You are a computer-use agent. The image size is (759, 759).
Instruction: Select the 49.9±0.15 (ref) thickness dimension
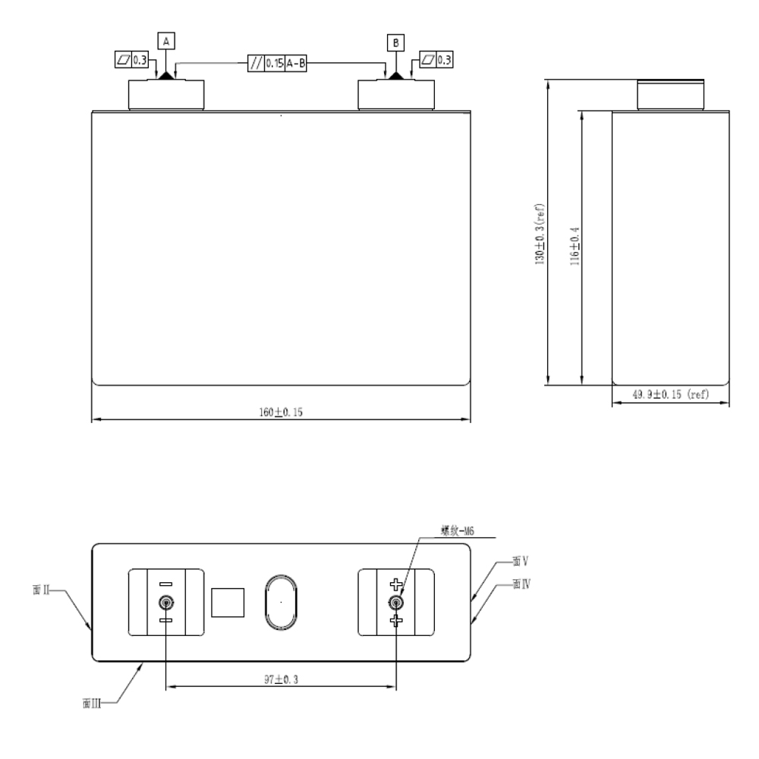coord(672,394)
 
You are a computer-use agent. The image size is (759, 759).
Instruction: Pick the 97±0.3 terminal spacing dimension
coord(280,680)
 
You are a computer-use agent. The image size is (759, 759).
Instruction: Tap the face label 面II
coord(43,590)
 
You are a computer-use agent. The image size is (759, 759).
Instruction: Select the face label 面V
coord(520,562)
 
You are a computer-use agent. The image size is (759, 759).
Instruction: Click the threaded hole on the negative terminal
coord(165,603)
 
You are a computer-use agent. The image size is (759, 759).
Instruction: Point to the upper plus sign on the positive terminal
coord(395,584)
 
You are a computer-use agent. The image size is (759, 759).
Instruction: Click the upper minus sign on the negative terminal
coord(165,584)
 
